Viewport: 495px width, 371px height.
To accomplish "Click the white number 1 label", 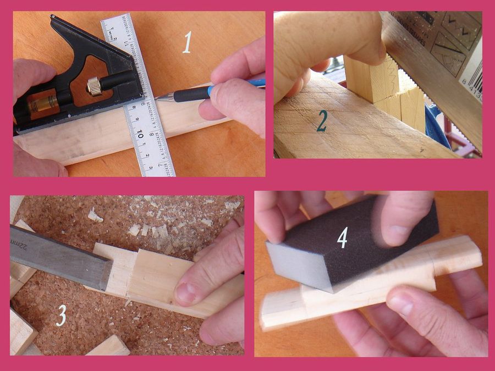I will (x=188, y=42).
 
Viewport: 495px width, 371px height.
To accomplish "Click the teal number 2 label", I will (x=322, y=121).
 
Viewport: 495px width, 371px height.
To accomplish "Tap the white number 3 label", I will (x=61, y=315).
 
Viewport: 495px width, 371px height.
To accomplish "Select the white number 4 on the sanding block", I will (x=342, y=237).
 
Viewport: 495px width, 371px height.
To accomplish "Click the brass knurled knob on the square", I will (x=94, y=86).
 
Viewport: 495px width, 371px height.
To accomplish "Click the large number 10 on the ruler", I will (x=140, y=134).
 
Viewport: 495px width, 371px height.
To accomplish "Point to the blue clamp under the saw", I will (x=437, y=129).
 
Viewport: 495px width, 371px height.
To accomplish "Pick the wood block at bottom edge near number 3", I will (x=107, y=346).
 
